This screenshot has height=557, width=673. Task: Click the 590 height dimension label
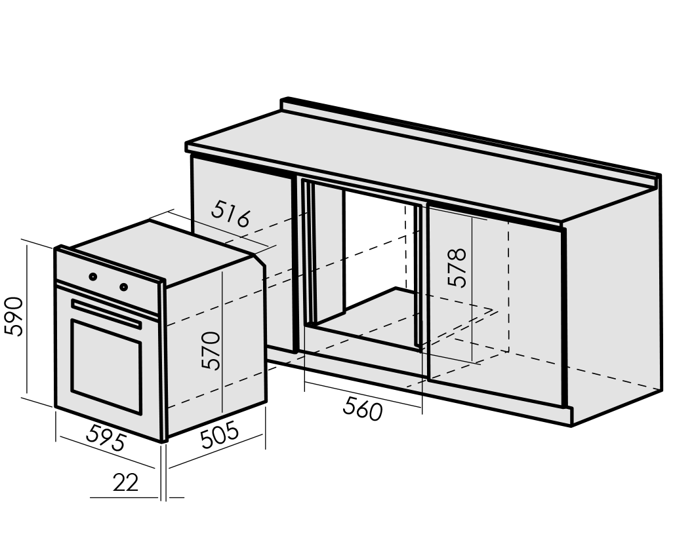click(14, 317)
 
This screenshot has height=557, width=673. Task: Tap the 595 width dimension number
click(106, 437)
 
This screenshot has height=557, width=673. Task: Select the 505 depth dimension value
click(219, 435)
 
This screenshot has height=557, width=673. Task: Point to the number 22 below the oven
click(126, 482)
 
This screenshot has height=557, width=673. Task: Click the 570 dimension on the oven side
click(211, 351)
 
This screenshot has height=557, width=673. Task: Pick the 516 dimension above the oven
click(231, 214)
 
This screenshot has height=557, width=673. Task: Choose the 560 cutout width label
click(363, 409)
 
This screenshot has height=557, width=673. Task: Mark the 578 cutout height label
click(457, 267)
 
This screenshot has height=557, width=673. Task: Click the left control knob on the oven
click(92, 277)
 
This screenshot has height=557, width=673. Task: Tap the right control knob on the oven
click(123, 287)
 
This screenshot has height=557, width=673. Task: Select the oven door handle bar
click(106, 313)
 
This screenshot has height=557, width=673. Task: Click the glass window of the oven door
click(106, 366)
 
